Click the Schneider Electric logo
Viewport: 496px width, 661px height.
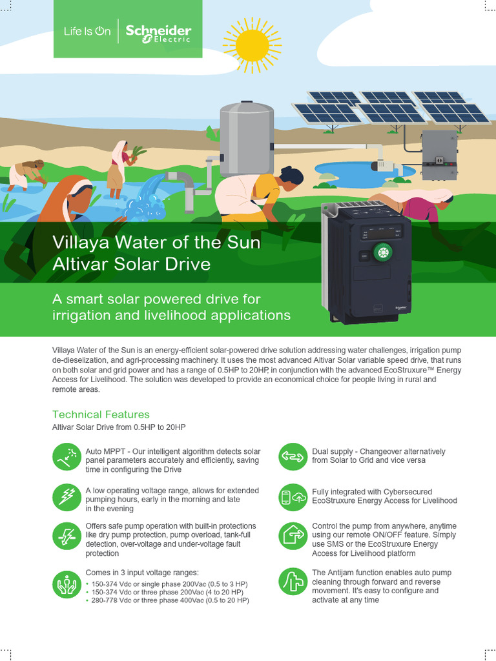coord(158,33)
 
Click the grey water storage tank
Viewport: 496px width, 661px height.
coord(247,138)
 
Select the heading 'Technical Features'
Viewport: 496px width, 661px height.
coord(101,414)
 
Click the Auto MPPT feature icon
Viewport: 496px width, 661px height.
coord(67,458)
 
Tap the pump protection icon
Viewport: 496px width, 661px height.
coord(67,535)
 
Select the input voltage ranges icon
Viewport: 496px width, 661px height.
coord(67,585)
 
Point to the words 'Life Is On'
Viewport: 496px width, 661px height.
coord(88,31)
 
